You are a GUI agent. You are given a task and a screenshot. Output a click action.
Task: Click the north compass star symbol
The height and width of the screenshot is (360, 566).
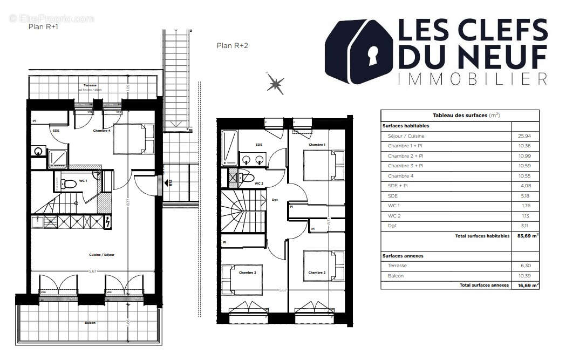click(x=275, y=84)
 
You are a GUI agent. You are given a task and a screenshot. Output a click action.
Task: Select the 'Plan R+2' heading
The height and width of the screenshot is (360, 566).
click(x=232, y=46)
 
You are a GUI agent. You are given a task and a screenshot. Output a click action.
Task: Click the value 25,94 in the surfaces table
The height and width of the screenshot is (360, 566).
click(x=524, y=136)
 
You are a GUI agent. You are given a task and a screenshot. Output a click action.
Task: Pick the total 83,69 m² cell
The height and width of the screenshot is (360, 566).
click(x=527, y=236)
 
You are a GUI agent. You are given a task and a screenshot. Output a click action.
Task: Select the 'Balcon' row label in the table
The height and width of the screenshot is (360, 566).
click(x=395, y=276)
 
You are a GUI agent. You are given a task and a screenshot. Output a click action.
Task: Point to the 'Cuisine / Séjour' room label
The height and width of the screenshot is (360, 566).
click(x=101, y=254)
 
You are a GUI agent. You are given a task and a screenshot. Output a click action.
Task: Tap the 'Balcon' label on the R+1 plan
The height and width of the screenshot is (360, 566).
click(x=90, y=323)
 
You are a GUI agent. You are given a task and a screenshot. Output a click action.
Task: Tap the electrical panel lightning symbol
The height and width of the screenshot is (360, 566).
click(x=107, y=221)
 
